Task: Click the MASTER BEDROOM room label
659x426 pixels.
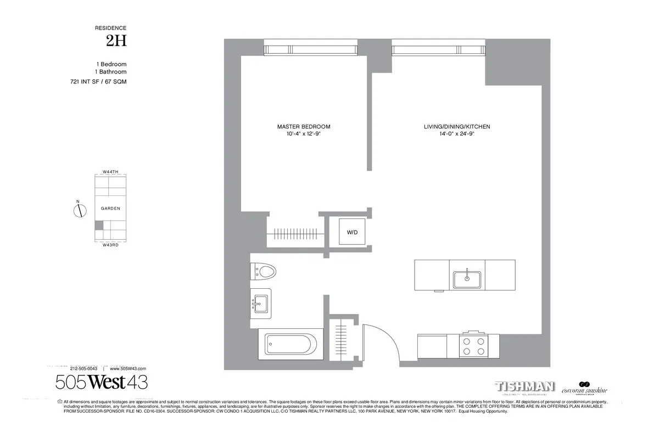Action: tap(304, 126)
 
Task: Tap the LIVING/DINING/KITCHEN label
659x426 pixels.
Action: tap(457, 126)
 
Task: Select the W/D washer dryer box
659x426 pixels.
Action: tap(352, 232)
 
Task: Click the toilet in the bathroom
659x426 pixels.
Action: tap(263, 271)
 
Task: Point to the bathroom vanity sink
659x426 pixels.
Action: tap(261, 302)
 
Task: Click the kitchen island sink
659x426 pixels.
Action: tap(467, 279)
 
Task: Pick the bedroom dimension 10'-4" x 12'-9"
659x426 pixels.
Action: tap(304, 134)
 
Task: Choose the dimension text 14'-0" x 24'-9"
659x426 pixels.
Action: tap(457, 134)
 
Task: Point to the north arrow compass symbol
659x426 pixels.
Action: tap(79, 210)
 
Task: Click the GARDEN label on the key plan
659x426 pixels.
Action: tap(110, 209)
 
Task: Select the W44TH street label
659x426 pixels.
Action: tap(110, 172)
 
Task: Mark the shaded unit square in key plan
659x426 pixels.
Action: tap(99, 226)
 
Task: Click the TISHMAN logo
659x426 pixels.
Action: tap(525, 386)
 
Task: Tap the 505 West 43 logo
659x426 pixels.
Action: tap(102, 382)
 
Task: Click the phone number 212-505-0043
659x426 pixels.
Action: tap(84, 369)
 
